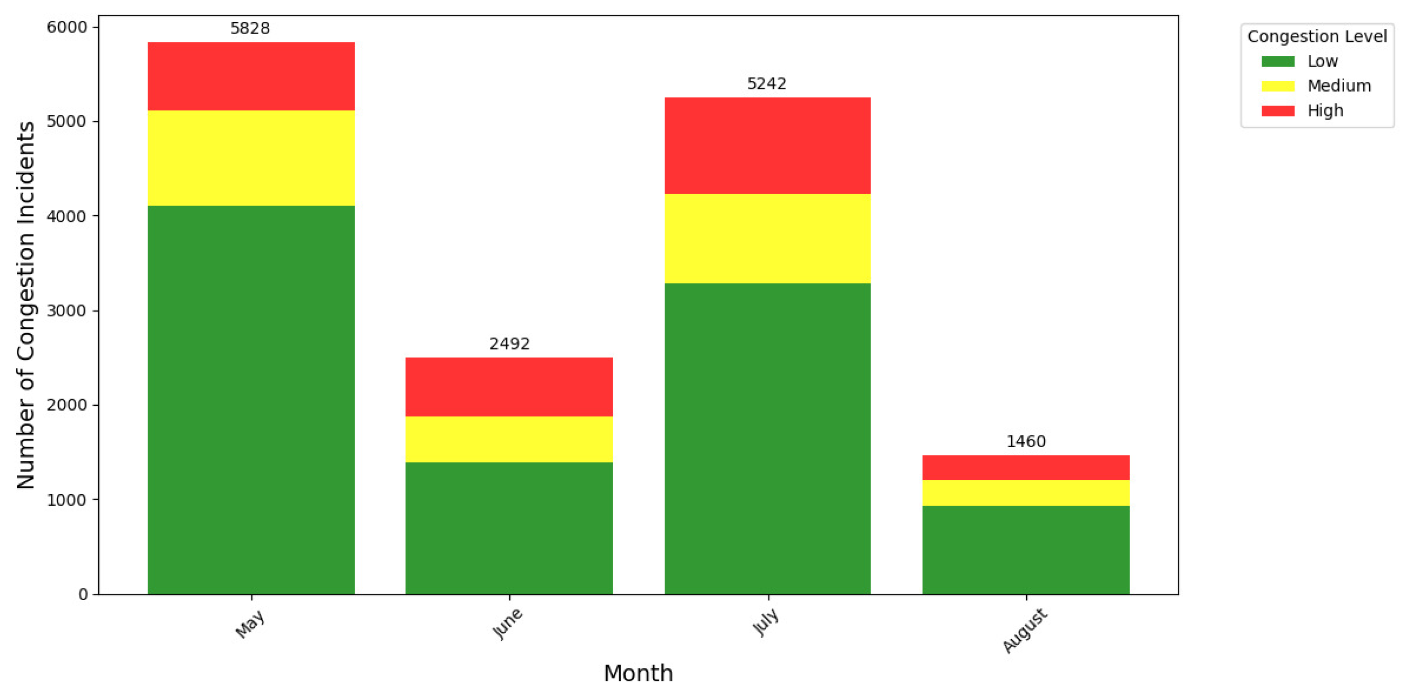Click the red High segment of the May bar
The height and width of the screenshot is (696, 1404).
click(x=251, y=76)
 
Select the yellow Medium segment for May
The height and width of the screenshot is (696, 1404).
click(x=251, y=158)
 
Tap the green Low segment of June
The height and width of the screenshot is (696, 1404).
click(x=509, y=528)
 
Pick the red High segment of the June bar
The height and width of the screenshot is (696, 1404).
click(x=509, y=387)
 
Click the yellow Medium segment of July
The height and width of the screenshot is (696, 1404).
click(x=767, y=238)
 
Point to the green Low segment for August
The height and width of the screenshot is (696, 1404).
click(x=1026, y=550)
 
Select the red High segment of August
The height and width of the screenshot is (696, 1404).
click(x=1026, y=467)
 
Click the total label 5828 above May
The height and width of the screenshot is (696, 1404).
click(x=250, y=28)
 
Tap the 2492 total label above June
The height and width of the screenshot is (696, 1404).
click(x=509, y=344)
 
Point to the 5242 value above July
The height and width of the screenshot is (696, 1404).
click(x=767, y=84)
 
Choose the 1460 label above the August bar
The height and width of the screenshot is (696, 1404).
click(x=1026, y=441)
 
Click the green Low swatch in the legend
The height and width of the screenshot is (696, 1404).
click(x=1278, y=62)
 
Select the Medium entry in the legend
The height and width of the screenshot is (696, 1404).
click(x=1339, y=86)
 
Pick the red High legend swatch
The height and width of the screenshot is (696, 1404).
click(x=1278, y=111)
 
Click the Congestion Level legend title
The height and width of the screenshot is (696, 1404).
click(x=1317, y=37)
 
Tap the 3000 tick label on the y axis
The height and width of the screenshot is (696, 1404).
click(x=67, y=310)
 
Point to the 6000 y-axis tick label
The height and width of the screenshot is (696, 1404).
click(x=67, y=27)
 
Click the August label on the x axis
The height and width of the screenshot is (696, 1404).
click(x=1025, y=630)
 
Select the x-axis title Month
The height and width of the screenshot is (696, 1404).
click(x=638, y=674)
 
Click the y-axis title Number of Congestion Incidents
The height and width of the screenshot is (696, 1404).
click(x=26, y=305)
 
